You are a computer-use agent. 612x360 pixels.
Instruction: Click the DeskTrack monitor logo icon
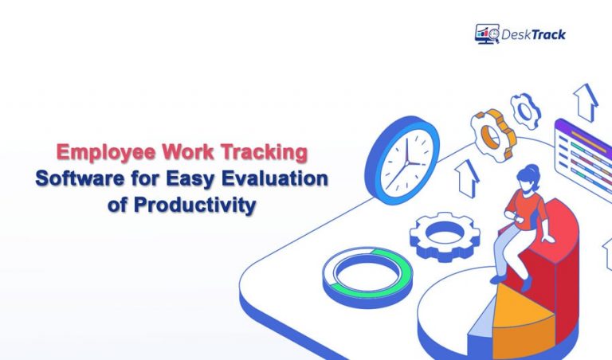(487, 33)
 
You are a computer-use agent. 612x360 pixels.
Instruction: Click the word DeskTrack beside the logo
(533, 34)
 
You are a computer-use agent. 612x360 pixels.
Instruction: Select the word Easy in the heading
(197, 178)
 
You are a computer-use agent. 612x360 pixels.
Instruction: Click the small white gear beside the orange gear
(525, 111)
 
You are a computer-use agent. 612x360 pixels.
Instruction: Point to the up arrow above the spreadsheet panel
(586, 100)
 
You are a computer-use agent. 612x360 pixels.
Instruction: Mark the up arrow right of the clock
(467, 178)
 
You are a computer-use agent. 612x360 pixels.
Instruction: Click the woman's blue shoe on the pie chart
(499, 279)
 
